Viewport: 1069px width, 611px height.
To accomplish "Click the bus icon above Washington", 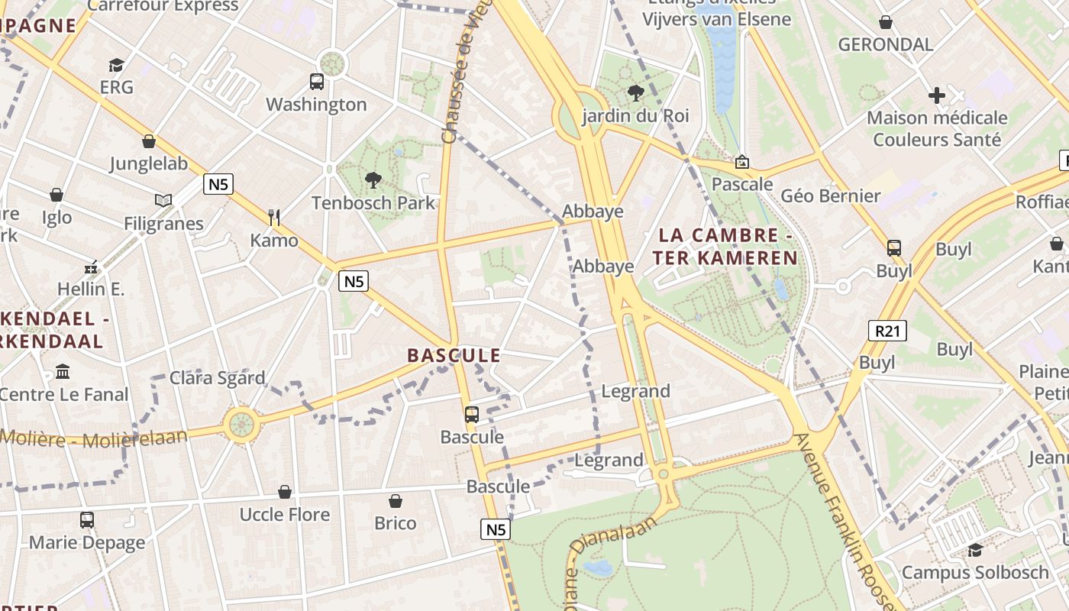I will (316, 81).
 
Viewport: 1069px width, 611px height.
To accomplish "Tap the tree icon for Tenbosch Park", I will (373, 180).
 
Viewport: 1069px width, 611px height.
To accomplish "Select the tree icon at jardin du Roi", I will (635, 93).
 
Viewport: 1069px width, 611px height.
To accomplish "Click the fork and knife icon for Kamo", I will (274, 218).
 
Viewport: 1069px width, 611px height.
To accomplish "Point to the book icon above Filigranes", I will (163, 200).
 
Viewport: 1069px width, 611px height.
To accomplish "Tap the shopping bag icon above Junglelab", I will (149, 141).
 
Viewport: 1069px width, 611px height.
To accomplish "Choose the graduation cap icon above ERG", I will (116, 65).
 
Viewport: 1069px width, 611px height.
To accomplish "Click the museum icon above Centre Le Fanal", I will (63, 372).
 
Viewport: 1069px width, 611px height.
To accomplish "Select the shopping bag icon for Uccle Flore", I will (285, 492).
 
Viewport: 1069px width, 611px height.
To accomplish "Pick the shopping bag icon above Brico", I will (396, 501).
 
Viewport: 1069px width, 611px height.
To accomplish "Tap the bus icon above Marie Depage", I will (87, 520).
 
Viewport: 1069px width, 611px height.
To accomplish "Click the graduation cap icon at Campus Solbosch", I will (975, 550).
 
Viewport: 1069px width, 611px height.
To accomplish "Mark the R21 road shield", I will (887, 330).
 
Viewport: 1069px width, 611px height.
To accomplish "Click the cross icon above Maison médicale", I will (937, 95).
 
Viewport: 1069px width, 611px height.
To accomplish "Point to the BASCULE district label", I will (454, 355).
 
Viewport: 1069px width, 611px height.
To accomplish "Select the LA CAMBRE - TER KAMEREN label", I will (725, 247).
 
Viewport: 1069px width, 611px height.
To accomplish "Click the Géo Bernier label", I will (830, 196).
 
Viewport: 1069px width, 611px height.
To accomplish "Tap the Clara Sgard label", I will (217, 378).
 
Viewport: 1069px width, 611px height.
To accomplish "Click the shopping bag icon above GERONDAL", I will (886, 22).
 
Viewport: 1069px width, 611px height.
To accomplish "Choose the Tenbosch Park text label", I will (373, 203).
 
